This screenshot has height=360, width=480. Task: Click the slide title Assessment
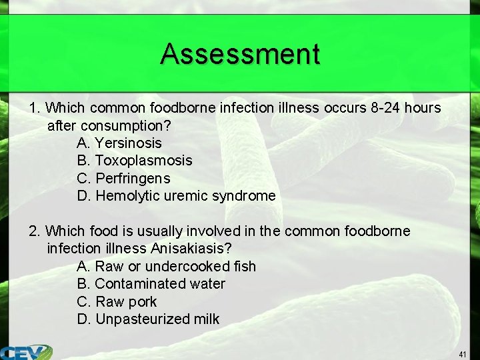point(240,54)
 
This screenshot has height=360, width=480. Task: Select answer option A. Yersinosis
point(119,143)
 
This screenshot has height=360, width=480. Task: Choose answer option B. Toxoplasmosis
point(135,161)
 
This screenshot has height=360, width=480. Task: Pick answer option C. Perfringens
point(124,179)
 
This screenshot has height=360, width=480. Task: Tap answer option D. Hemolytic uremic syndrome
point(176,196)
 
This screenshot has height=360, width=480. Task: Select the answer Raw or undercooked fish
point(167,267)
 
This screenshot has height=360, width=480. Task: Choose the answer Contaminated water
point(151,284)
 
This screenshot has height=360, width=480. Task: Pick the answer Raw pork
point(117,301)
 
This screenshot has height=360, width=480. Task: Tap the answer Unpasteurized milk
point(148,319)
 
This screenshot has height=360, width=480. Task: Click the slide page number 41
point(463,353)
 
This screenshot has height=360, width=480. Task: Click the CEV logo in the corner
point(27,352)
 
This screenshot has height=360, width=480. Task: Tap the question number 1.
point(34,107)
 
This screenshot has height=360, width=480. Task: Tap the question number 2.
point(34,231)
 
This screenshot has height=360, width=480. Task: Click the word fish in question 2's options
point(245,267)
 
